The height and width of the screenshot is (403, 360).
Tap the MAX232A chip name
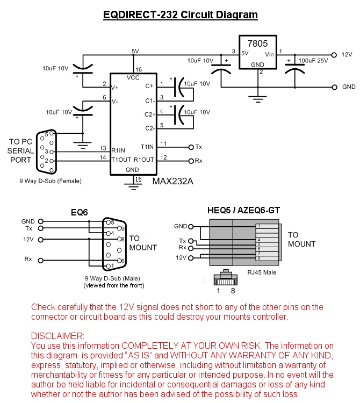(172, 181)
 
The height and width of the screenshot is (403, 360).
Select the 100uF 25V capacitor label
(313, 60)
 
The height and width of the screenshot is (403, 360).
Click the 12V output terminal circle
(334, 54)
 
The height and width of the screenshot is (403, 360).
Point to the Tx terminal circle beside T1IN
(191, 146)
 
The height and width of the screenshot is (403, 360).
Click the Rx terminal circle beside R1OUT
(191, 160)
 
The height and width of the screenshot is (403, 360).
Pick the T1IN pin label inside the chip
(147, 146)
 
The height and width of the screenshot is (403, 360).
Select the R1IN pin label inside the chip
(118, 150)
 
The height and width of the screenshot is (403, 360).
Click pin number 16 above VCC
(139, 70)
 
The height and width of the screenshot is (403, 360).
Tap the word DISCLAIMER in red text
(57, 336)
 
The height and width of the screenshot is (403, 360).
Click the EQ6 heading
(80, 213)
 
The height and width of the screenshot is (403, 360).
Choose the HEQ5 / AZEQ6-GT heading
(243, 210)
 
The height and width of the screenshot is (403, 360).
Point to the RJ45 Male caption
(262, 272)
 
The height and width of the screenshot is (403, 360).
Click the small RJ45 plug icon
(225, 278)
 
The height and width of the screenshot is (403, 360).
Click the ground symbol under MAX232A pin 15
(132, 186)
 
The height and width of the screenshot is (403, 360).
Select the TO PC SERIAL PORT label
(21, 151)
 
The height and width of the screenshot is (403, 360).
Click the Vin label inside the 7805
(269, 55)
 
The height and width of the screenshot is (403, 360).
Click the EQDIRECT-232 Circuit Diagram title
(180, 15)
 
